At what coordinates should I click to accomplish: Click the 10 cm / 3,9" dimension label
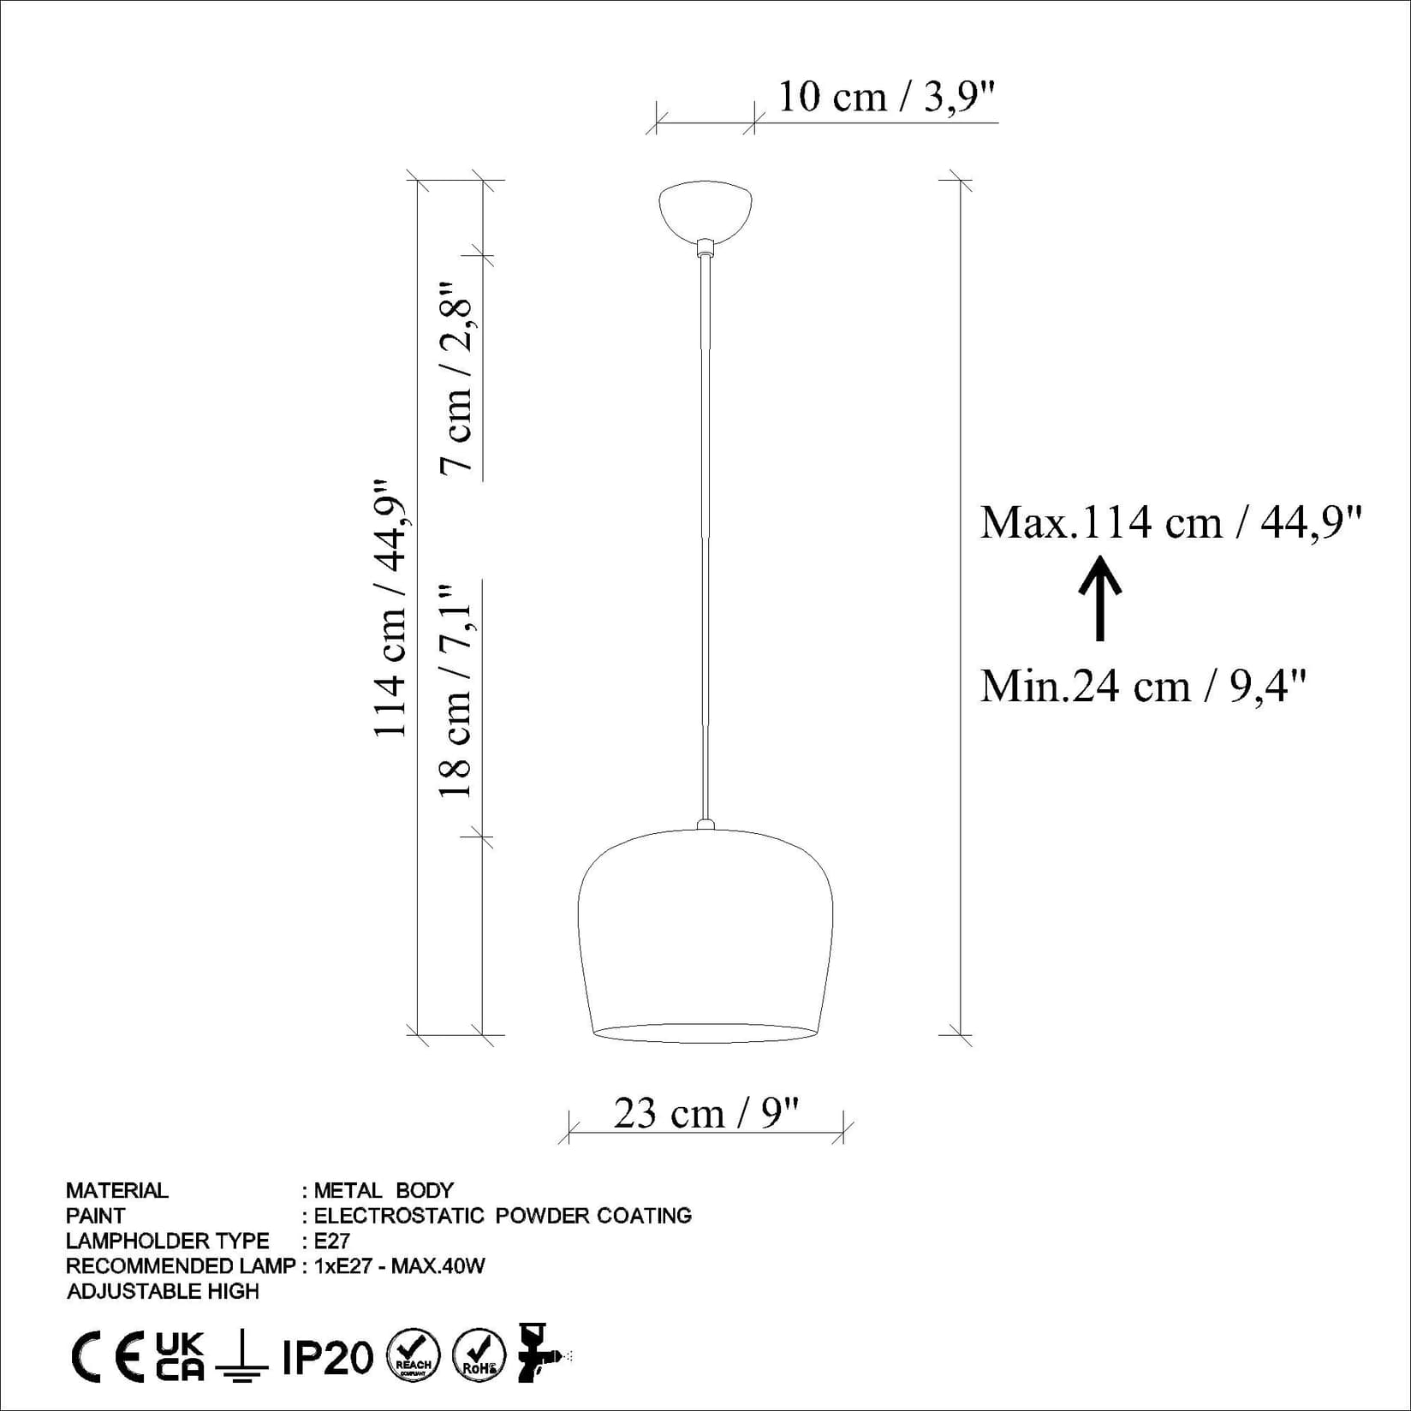coord(887,98)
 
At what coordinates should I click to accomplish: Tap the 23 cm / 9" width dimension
coord(705,1114)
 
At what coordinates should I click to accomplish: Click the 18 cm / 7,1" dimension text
coord(457,690)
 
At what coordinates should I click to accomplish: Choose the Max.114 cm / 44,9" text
coord(1170,522)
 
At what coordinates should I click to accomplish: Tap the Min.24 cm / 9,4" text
coord(1142,686)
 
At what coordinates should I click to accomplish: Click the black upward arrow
coord(1100,598)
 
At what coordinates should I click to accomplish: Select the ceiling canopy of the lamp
coord(705,209)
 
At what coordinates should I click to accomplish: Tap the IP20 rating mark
coord(328,1358)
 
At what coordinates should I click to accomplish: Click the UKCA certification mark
coord(181,1357)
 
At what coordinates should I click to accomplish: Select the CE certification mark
coord(107,1358)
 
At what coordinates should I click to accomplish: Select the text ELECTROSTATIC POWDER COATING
coord(503,1216)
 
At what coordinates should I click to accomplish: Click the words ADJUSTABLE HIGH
coord(163,1291)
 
